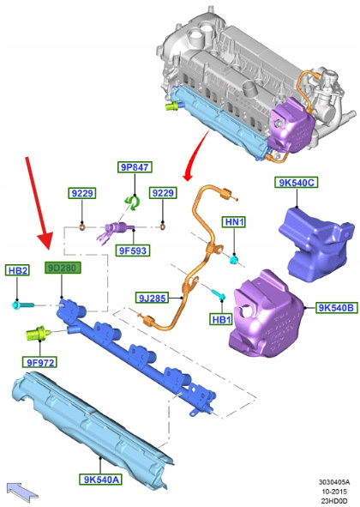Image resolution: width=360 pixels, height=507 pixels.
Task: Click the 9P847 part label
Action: pos(135,167)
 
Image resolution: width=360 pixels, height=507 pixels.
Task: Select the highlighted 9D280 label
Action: pos(63,268)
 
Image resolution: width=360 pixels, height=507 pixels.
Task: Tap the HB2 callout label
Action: pos(17,270)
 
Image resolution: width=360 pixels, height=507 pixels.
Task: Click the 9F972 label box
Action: pos(39,362)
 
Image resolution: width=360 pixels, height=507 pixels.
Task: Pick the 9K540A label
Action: pos(101,480)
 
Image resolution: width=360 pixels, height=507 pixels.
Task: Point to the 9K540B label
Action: pos(337,307)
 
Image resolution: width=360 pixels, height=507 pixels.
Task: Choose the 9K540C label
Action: pos(297,183)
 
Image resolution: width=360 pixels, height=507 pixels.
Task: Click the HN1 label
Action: pos(235,222)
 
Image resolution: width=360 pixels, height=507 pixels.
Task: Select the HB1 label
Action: pos(222,319)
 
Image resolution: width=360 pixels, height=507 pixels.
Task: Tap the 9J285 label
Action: pos(152,298)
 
